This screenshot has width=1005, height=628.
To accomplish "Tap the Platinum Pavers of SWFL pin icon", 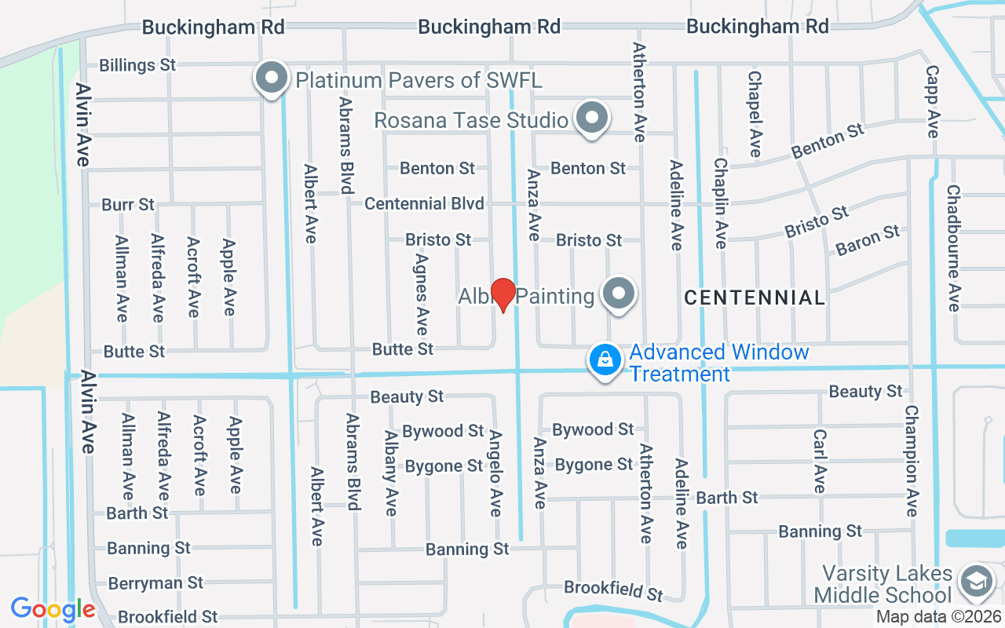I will tap(272, 78).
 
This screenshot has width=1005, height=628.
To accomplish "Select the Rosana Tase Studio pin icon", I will tap(593, 119).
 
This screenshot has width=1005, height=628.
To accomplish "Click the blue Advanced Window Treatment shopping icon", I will tap(605, 360).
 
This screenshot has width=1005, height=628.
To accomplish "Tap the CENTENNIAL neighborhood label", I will tap(755, 298).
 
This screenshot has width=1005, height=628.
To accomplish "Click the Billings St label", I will tap(138, 65).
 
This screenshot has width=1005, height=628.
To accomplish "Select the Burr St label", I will tap(128, 205).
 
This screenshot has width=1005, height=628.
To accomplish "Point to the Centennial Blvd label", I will tap(424, 203).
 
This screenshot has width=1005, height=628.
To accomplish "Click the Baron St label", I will tap(868, 240).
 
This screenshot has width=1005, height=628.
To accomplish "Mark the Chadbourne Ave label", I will tap(953, 248).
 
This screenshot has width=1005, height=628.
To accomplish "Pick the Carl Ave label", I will tap(820, 462).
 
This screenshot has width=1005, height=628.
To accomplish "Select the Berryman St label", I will tap(155, 583).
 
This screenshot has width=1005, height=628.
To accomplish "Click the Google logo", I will tap(53, 608).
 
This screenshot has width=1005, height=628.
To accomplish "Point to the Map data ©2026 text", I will tap(938, 617).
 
